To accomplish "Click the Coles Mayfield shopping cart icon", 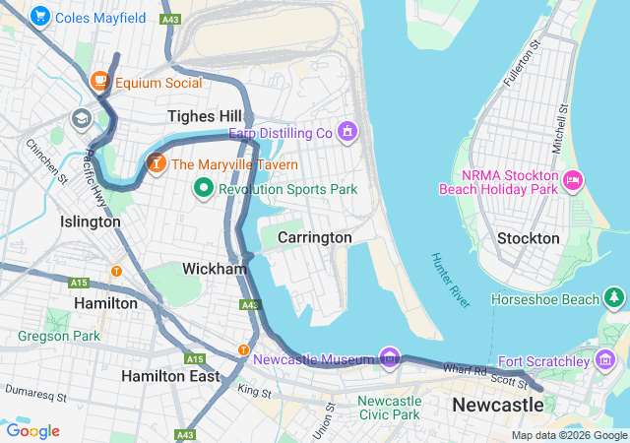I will pyautogui.click(x=40, y=17).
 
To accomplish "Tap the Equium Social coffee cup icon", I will pyautogui.click(x=99, y=82).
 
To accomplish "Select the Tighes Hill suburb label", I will pyautogui.click(x=204, y=116).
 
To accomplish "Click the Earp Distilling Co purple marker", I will pyautogui.click(x=346, y=131).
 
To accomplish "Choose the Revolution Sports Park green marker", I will pyautogui.click(x=204, y=187).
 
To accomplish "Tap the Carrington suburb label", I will pyautogui.click(x=314, y=237).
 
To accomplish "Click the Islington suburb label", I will pyautogui.click(x=91, y=221).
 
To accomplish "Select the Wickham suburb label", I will pyautogui.click(x=214, y=268).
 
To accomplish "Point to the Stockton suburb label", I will pyautogui.click(x=528, y=238).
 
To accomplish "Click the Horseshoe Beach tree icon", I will pyautogui.click(x=615, y=297).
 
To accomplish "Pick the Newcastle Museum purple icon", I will pyautogui.click(x=390, y=356).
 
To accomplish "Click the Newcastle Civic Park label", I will pyautogui.click(x=389, y=408).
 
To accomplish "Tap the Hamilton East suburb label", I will pyautogui.click(x=170, y=376).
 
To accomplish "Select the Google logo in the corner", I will pyautogui.click(x=32, y=430).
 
